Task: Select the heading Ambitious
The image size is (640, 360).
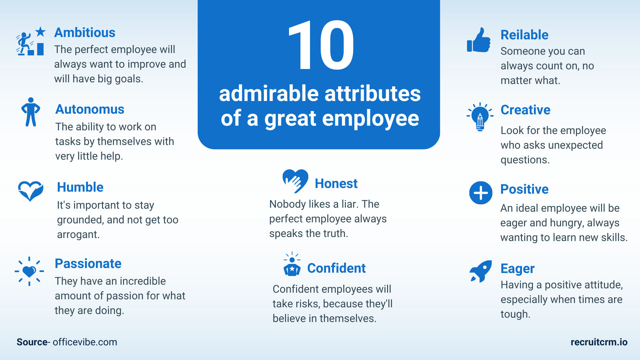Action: coord(85,33)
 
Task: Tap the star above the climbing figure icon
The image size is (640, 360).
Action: coord(40,32)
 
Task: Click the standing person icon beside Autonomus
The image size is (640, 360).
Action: coord(31,112)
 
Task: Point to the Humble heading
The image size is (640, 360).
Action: coord(80,187)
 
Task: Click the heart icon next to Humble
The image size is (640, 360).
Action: coord(30,191)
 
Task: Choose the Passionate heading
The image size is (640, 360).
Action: coord(88,264)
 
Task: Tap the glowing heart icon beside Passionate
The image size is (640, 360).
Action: coord(29,271)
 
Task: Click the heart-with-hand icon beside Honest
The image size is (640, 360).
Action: coord(295,181)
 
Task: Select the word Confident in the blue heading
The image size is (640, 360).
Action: coord(336,268)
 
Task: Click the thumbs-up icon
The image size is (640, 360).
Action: coord(479,40)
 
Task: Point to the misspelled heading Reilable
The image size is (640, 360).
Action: coord(524,35)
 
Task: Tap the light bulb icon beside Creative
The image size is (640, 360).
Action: coord(480,117)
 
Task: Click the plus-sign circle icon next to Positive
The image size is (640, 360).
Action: coord(481,193)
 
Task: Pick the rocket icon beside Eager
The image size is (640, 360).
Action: coord(480,271)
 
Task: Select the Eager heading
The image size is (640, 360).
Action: coord(517,269)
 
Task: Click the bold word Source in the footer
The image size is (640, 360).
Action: coord(32,342)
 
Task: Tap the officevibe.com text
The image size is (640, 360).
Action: coord(85,342)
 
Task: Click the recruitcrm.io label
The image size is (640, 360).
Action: coord(599,342)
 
